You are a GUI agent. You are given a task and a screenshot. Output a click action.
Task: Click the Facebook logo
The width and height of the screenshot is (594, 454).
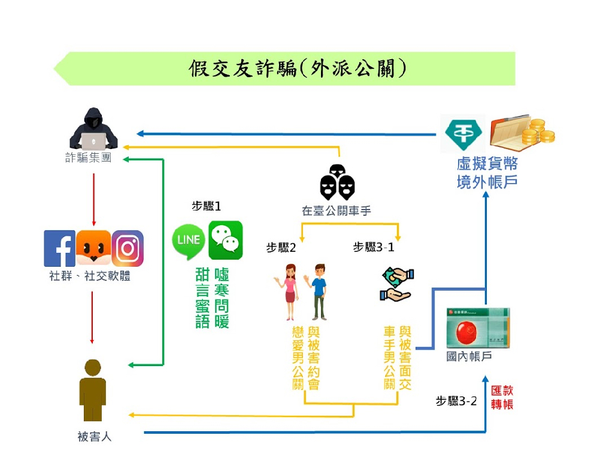pos(59,248)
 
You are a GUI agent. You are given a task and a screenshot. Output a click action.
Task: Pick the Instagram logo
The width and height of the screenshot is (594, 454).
pos(128,248)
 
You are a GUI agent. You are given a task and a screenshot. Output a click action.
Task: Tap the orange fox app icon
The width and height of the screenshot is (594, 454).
pos(93,248)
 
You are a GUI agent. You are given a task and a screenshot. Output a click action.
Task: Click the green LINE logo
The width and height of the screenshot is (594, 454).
pos(189,240)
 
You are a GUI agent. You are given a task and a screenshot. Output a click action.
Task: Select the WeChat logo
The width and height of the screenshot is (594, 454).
pos(226,240)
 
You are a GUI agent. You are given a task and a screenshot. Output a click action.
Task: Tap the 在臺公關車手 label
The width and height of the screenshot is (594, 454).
pos(337,211)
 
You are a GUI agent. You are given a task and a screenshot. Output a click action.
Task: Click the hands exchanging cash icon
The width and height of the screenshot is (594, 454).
pos(396,284)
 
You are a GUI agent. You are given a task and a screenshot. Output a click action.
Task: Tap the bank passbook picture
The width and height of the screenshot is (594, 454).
pos(478,328)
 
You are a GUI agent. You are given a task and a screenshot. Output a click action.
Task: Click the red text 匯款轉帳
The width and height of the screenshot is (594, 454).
pos(502,397)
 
